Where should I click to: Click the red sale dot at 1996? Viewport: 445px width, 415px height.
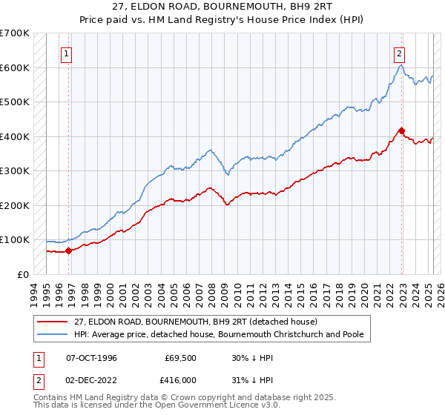(69, 250)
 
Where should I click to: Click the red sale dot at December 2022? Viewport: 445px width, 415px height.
(401, 131)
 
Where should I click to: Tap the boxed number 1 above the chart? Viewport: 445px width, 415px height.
(67, 53)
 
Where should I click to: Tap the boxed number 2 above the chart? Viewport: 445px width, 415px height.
(399, 53)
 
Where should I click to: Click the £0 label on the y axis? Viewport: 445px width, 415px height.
(23, 274)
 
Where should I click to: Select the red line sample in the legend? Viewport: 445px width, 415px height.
(53, 322)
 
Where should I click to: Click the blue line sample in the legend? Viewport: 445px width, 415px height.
(53, 334)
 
